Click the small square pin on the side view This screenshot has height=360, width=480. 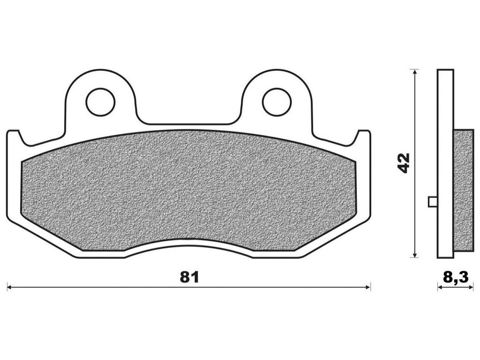433,202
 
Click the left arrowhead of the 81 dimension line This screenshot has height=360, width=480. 9,287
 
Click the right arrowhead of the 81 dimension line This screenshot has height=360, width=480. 368,287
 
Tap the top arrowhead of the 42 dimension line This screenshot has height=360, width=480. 414,72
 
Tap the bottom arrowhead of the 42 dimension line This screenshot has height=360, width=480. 414,255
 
